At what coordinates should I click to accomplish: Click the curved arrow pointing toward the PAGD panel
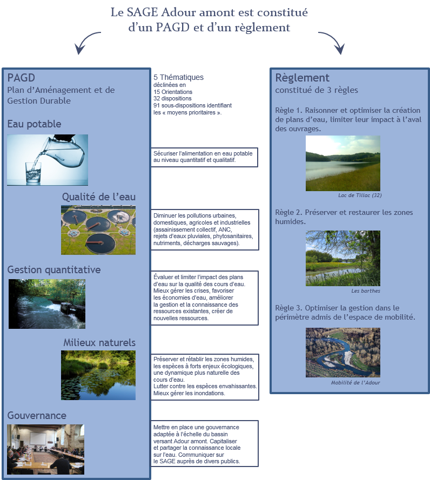click(x=86, y=43)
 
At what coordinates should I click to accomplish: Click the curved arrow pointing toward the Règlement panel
click(x=331, y=43)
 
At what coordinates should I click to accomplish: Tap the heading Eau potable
click(x=34, y=124)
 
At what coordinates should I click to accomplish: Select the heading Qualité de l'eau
click(x=98, y=197)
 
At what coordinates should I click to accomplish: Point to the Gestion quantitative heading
click(x=54, y=269)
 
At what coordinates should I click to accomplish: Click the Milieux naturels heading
click(x=99, y=343)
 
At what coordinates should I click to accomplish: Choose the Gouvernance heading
click(x=37, y=415)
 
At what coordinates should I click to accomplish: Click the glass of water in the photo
click(x=33, y=172)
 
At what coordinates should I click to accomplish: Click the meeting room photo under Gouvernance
click(x=45, y=449)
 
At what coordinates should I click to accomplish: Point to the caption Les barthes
click(x=365, y=290)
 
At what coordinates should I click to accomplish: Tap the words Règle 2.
click(x=288, y=212)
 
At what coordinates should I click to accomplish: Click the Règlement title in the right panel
click(x=302, y=78)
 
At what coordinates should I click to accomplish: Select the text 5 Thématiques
click(x=178, y=77)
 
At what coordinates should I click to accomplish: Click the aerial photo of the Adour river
click(x=342, y=352)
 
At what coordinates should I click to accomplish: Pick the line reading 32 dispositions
click(x=172, y=98)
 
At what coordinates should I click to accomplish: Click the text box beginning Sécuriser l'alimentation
click(x=204, y=157)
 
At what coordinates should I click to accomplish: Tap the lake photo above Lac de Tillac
click(x=342, y=163)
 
